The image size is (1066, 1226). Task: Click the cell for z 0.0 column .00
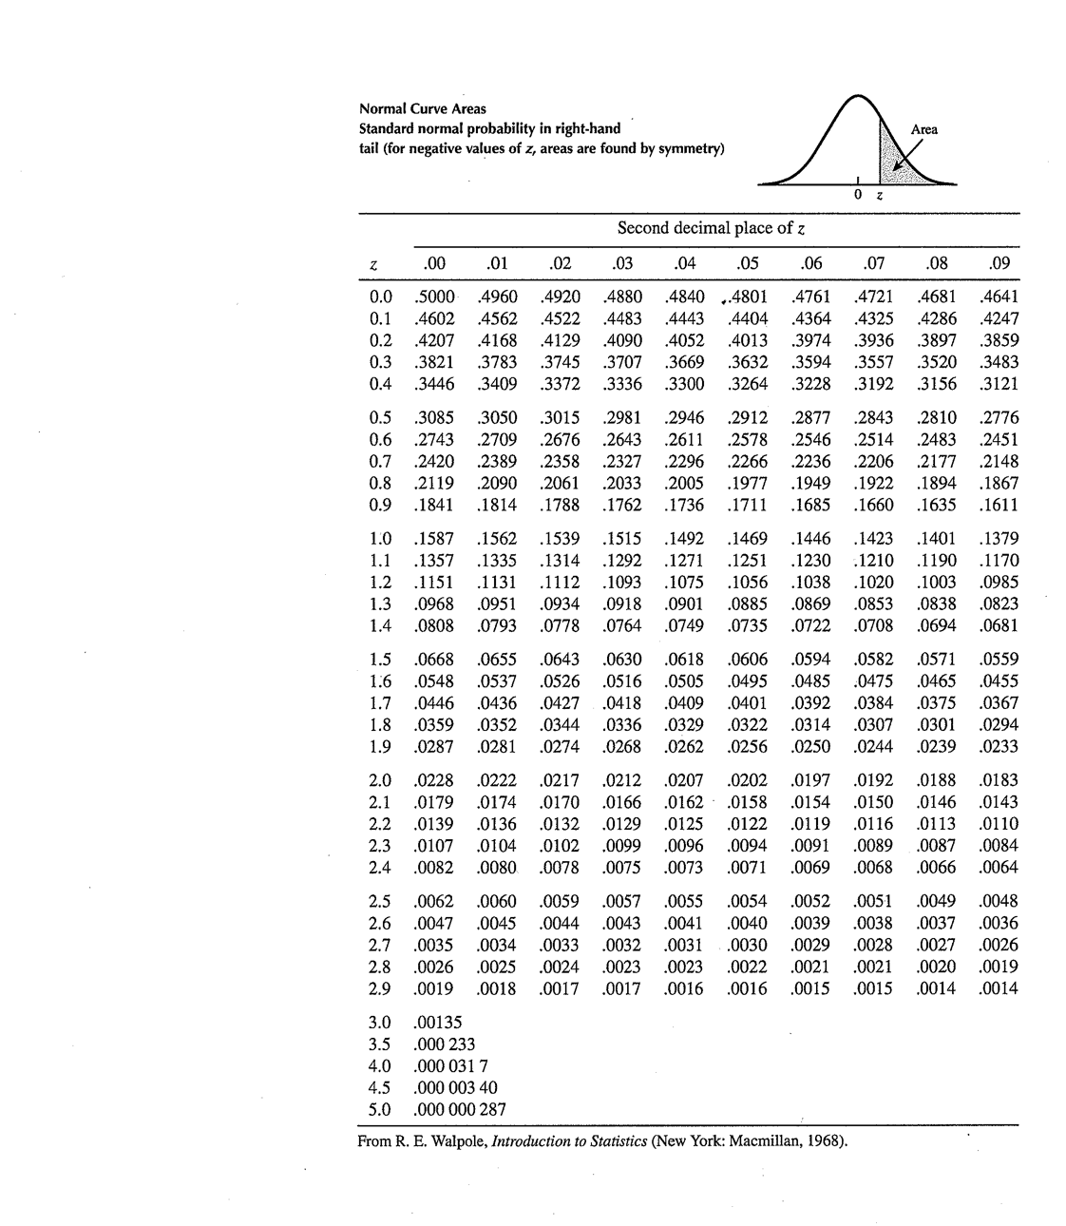click(436, 297)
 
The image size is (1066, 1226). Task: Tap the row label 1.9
click(380, 747)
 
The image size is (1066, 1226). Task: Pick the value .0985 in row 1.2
click(999, 582)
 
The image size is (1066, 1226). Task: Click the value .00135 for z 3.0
click(439, 1023)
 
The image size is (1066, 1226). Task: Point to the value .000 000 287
click(461, 1109)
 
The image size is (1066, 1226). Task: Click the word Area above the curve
click(923, 130)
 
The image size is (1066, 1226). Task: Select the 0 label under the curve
click(857, 196)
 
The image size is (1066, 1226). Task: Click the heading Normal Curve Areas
click(423, 109)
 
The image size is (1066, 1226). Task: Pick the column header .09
click(999, 263)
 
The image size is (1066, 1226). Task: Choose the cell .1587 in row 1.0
click(436, 539)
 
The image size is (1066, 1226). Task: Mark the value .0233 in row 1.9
click(999, 747)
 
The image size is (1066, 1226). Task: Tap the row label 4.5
click(380, 1087)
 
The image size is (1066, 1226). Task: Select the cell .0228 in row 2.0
click(436, 780)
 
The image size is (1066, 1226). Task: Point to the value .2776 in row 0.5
click(999, 418)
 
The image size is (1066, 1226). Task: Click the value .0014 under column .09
click(999, 988)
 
